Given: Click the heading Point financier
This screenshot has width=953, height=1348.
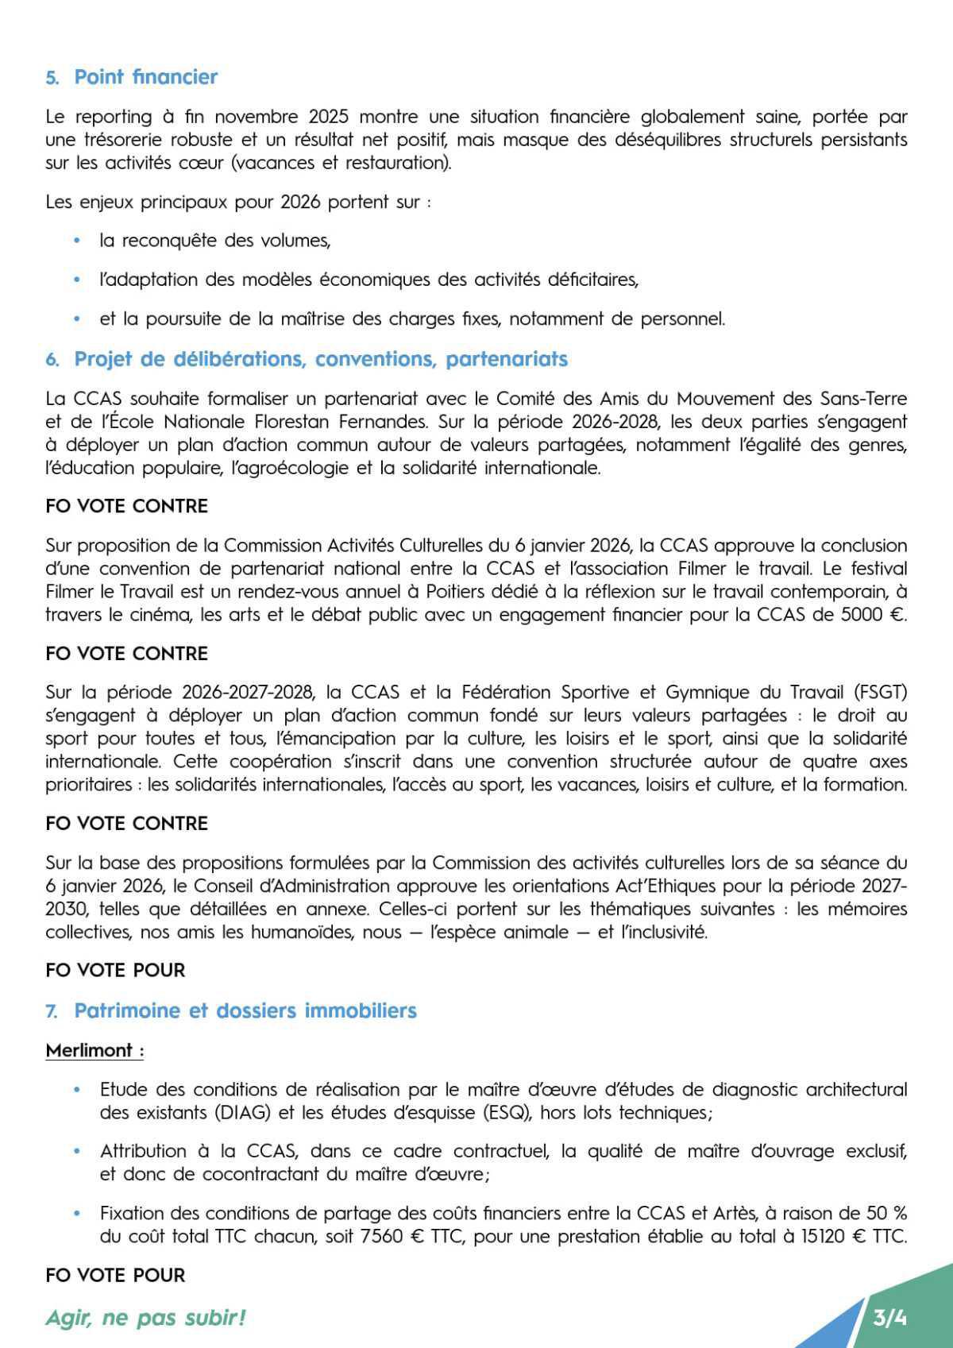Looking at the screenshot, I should [145, 77].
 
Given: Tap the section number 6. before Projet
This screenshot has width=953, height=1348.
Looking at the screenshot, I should [52, 360].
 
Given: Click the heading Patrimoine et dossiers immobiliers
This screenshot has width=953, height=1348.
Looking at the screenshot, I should [245, 1010].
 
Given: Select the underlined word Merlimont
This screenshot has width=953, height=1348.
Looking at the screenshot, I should [90, 1050].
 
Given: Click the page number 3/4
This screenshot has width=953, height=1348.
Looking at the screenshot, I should [889, 1318].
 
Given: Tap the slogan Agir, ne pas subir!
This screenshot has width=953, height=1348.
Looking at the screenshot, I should [145, 1318].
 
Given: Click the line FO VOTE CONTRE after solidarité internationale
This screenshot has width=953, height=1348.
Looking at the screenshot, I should [127, 506].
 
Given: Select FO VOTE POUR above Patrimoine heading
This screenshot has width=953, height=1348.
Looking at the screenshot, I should [115, 970].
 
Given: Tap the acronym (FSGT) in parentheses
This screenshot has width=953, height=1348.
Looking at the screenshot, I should [882, 692].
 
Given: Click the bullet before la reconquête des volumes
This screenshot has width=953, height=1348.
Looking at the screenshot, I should [77, 241].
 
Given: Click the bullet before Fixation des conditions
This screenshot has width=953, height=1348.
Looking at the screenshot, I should [77, 1214].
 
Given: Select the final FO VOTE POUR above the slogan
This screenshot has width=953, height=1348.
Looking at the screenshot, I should [115, 1275].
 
